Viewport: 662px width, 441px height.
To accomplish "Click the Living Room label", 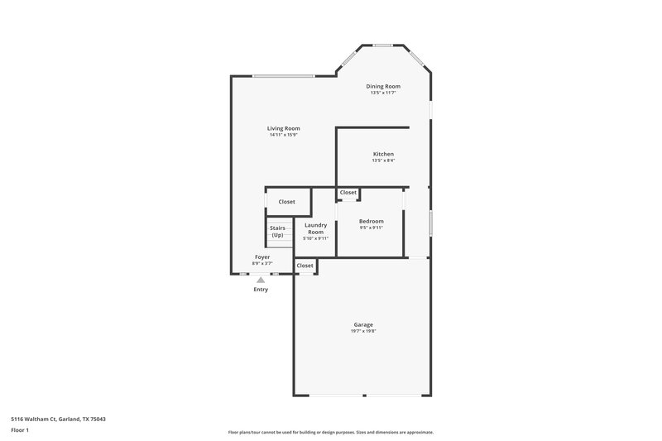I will pyautogui.click(x=283, y=128).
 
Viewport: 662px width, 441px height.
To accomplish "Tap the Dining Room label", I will pyautogui.click(x=383, y=86).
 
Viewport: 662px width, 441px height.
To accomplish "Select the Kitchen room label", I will pyautogui.click(x=383, y=154).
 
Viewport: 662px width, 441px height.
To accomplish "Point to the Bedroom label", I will pyautogui.click(x=371, y=221).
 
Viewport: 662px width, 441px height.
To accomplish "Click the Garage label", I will pyautogui.click(x=363, y=324).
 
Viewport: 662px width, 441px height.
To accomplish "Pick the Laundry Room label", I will pyautogui.click(x=315, y=228).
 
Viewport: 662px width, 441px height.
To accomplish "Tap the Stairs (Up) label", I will pyautogui.click(x=277, y=231).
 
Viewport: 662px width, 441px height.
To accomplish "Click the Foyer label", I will pyautogui.click(x=261, y=257).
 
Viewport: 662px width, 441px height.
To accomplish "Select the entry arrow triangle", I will pyautogui.click(x=261, y=280).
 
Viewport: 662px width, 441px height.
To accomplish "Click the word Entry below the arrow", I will pyautogui.click(x=261, y=290).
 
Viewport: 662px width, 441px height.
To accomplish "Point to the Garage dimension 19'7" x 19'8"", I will pyautogui.click(x=363, y=331).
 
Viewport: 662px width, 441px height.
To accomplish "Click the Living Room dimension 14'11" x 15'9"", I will pyautogui.click(x=283, y=135).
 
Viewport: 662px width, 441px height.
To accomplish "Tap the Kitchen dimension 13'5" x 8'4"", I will pyautogui.click(x=383, y=161).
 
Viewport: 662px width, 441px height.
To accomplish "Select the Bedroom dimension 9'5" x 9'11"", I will pyautogui.click(x=371, y=228).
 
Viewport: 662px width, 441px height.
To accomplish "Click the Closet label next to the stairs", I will pyautogui.click(x=286, y=202).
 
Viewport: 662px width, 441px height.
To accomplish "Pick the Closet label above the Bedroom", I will pyautogui.click(x=348, y=193).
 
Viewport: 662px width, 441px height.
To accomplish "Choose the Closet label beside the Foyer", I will pyautogui.click(x=305, y=266).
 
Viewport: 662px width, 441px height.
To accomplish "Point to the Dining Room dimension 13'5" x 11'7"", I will pyautogui.click(x=383, y=93).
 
